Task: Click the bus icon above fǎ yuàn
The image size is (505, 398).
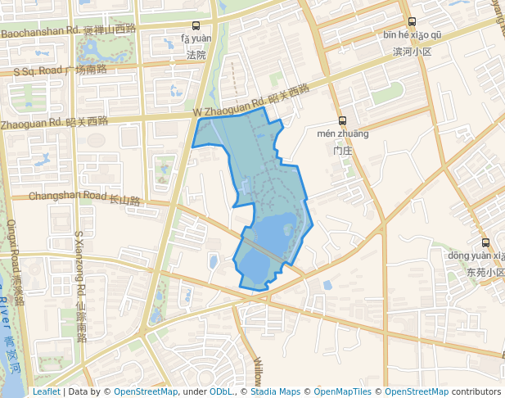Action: tap(196, 25)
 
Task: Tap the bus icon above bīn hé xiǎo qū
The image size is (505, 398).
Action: tap(412, 22)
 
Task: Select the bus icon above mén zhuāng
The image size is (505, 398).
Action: tap(342, 120)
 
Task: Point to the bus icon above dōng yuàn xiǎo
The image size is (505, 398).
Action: tap(486, 242)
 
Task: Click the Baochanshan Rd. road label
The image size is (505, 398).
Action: tap(39, 32)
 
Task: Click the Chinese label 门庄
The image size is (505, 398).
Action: tap(342, 151)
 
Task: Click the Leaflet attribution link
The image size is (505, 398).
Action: tap(46, 391)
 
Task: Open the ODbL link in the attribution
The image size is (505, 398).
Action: tap(220, 391)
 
